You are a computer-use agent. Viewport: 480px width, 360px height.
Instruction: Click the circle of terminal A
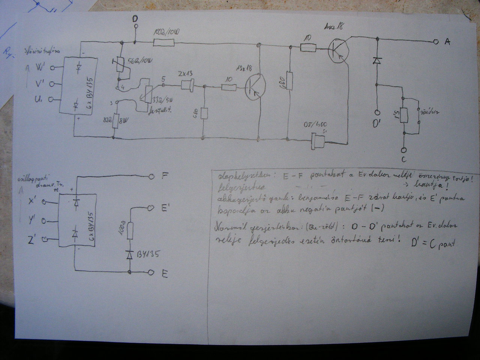pyautogui.click(x=436, y=42)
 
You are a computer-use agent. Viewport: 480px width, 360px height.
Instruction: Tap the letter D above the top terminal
pyautogui.click(x=135, y=18)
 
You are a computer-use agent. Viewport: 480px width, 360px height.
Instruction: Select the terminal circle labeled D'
pyautogui.click(x=378, y=112)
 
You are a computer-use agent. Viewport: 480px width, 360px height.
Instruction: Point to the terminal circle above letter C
pyautogui.click(x=404, y=150)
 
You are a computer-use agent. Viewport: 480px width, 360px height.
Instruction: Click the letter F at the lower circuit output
pyautogui.click(x=164, y=175)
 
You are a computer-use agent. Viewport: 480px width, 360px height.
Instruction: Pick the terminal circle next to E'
pyautogui.click(x=151, y=207)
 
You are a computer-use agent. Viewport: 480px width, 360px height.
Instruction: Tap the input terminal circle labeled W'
pyautogui.click(x=52, y=68)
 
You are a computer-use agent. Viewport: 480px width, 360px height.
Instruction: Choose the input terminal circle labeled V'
pyautogui.click(x=52, y=84)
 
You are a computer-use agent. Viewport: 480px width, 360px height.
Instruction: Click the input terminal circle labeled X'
pyautogui.click(x=44, y=202)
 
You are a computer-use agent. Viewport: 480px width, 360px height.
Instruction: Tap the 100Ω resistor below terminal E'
pyautogui.click(x=130, y=231)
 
